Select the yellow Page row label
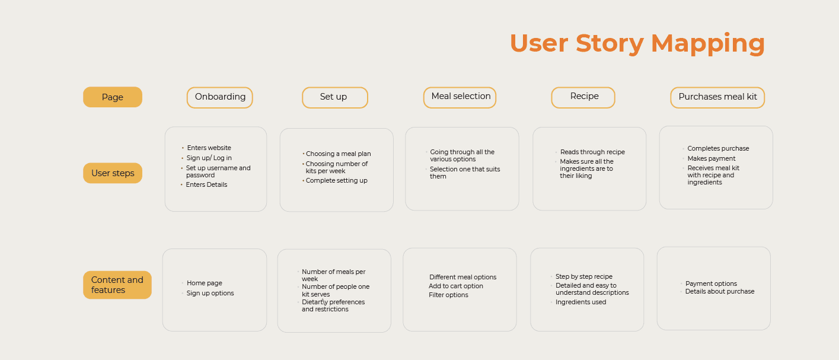[113, 97]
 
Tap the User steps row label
[113, 173]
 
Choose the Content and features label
[117, 285]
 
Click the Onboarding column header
[220, 97]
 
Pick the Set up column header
[335, 97]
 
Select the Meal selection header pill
[460, 97]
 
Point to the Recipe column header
[583, 97]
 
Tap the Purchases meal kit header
[717, 97]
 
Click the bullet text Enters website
[209, 148]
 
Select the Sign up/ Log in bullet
[209, 158]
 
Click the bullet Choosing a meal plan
[338, 154]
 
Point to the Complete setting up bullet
[336, 180]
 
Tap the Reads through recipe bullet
[592, 152]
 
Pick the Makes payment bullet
[712, 159]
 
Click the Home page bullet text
[205, 283]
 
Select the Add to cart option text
[456, 286]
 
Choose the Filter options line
[448, 295]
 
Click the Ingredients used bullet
[580, 302]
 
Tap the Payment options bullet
[711, 284]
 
